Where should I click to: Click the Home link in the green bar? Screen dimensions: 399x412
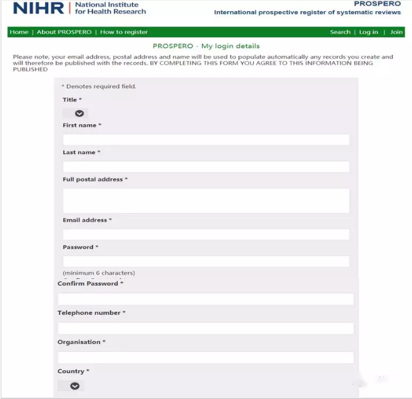click(19, 32)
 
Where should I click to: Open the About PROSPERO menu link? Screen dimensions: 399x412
click(64, 32)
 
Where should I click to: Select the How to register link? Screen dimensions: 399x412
click(124, 32)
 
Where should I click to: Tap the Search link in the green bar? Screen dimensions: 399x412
click(340, 32)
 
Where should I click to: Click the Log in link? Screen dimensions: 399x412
click(368, 32)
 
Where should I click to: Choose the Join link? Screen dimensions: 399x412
click(397, 32)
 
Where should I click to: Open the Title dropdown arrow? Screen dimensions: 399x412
click(79, 113)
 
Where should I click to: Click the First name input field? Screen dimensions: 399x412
click(206, 140)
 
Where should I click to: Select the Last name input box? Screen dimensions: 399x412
click(206, 167)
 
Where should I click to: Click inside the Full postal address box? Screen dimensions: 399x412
click(206, 201)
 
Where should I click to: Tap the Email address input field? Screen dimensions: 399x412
click(206, 235)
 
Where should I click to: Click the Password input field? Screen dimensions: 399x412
click(206, 261)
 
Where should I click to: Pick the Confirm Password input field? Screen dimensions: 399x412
click(206, 299)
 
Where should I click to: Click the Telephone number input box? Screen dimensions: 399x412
click(206, 328)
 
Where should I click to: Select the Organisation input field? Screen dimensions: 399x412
click(206, 357)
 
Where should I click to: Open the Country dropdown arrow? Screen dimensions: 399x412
click(75, 386)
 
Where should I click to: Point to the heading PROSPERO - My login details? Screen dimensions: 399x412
click(206, 46)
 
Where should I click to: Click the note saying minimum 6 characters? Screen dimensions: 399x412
click(99, 273)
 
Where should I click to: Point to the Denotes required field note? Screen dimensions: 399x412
click(99, 86)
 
